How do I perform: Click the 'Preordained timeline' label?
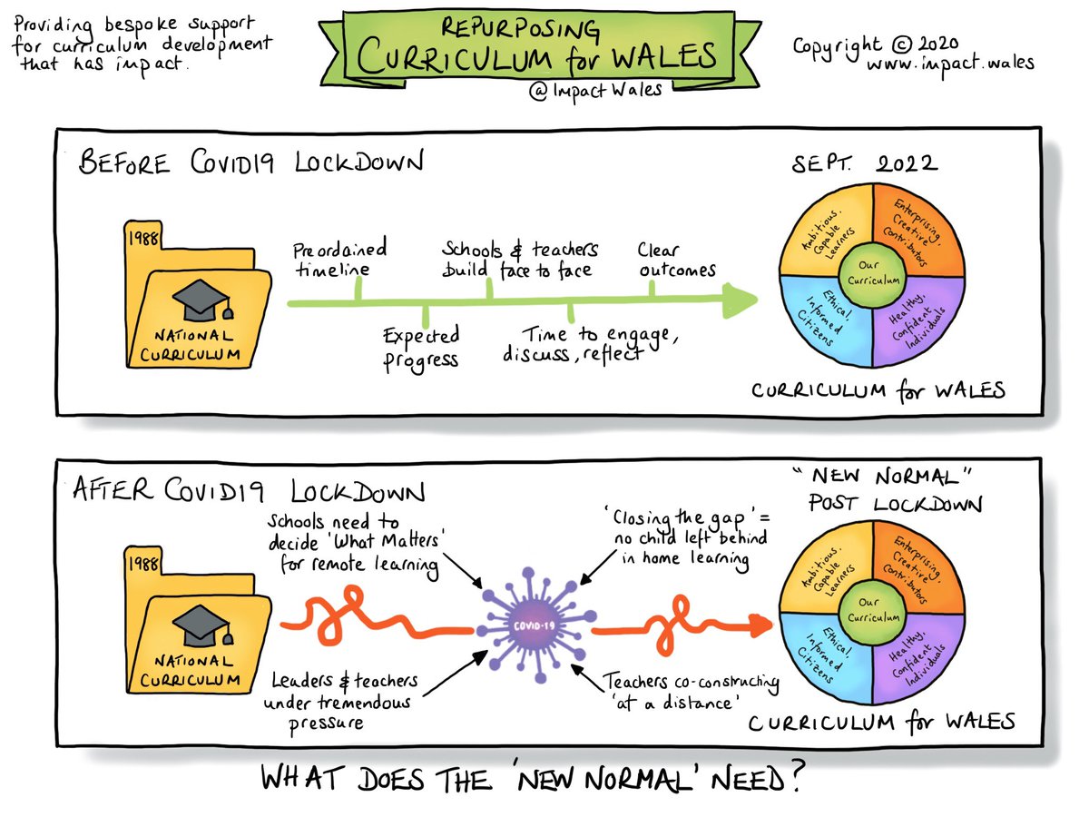pos(339,259)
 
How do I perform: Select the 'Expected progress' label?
pos(420,347)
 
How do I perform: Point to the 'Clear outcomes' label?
pos(675,259)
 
